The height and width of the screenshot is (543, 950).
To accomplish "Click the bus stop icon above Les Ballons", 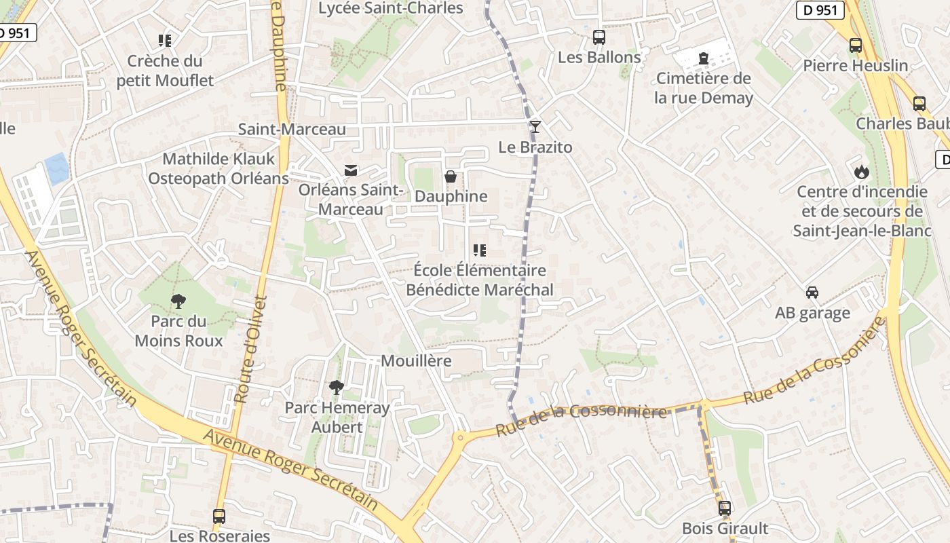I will tap(598, 37).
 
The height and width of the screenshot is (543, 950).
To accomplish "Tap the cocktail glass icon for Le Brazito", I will tap(535, 127).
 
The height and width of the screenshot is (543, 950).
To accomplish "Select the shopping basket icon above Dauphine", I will tap(451, 177).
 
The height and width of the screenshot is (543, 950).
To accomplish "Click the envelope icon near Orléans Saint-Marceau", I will tap(351, 170).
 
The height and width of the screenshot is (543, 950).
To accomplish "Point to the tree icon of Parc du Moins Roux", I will tap(178, 301).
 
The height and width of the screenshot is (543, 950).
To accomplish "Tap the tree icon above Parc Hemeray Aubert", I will tap(336, 388).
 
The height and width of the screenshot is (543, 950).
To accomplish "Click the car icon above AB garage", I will tap(812, 293).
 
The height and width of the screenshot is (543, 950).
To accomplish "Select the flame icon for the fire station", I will tap(861, 172).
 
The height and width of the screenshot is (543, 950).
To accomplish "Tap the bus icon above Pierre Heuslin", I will tap(856, 45).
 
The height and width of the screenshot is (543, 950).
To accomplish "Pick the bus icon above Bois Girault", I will tap(725, 508).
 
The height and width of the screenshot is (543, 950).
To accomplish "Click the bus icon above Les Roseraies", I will tap(218, 517).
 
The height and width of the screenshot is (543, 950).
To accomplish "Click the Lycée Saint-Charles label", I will tap(391, 8).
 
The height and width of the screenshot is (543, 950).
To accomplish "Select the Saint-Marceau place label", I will tap(292, 129).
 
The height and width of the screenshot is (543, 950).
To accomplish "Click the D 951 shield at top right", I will tap(820, 10).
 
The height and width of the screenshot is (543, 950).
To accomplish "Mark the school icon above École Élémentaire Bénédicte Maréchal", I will tap(480, 250).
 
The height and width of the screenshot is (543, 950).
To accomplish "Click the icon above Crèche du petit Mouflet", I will tap(165, 41).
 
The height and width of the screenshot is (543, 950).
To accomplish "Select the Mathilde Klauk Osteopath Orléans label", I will tap(218, 168).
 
